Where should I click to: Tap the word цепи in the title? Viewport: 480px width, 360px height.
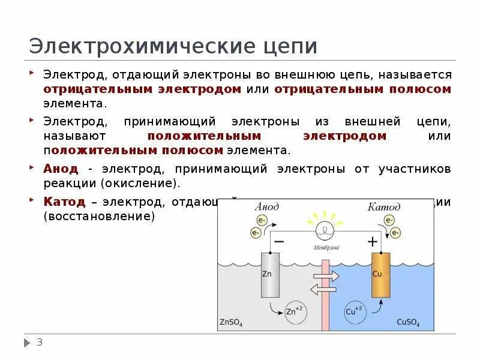[x=288, y=47]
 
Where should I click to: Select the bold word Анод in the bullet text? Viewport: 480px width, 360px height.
[x=61, y=169]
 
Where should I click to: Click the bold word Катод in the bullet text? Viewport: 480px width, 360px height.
[x=64, y=201]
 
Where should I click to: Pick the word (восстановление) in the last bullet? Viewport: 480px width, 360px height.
[x=99, y=215]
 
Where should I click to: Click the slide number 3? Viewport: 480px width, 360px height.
[x=40, y=343]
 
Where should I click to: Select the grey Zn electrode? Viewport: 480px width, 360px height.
[x=270, y=274]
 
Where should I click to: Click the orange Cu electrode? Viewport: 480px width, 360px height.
[x=380, y=274]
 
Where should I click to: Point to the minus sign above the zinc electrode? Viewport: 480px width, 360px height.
[x=279, y=241]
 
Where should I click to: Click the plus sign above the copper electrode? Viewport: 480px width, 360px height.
[x=373, y=241]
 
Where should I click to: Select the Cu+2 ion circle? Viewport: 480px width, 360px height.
[x=355, y=312]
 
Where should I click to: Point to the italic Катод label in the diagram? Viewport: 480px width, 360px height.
[x=384, y=207]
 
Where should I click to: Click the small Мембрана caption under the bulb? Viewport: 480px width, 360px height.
[x=326, y=247]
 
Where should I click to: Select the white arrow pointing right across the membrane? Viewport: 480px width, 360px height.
[x=326, y=276]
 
